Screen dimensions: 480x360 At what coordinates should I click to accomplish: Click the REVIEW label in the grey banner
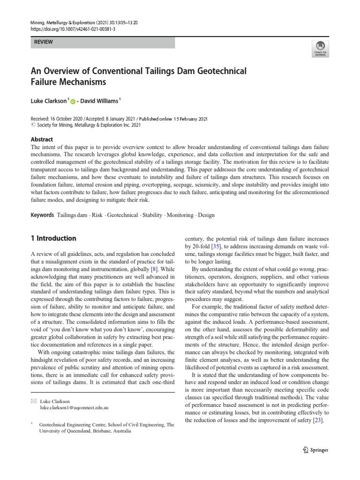click(x=43, y=42)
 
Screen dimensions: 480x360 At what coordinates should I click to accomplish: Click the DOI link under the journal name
click(x=73, y=29)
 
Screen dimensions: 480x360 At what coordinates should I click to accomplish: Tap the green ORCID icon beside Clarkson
click(x=73, y=100)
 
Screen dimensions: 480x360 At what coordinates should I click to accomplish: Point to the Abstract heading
click(x=42, y=140)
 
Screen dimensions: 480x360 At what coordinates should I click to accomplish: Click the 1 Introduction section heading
click(x=53, y=238)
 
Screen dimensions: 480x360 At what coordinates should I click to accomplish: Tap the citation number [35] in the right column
click(x=216, y=246)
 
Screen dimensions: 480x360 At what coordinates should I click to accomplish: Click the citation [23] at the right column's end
click(x=317, y=420)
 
